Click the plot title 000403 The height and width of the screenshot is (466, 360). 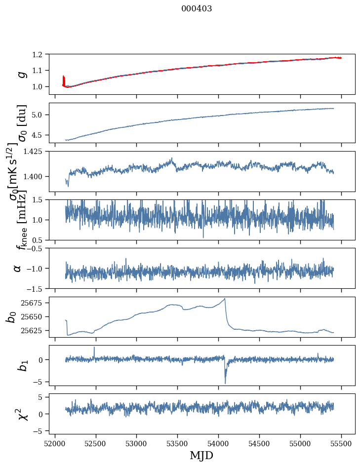point(197,9)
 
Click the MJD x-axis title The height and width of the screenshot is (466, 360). point(201,455)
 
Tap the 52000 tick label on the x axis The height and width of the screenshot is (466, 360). point(55,443)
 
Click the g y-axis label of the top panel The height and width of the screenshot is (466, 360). point(21,74)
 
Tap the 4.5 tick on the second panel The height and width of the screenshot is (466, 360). point(43,135)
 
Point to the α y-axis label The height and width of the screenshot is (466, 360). point(18,268)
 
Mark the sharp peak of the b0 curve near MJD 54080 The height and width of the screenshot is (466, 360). point(225,298)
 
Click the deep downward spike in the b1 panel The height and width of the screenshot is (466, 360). point(225,383)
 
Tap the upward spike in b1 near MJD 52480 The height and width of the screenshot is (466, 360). point(94,347)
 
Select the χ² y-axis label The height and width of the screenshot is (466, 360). point(21,414)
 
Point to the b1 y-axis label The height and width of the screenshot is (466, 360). point(20,365)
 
